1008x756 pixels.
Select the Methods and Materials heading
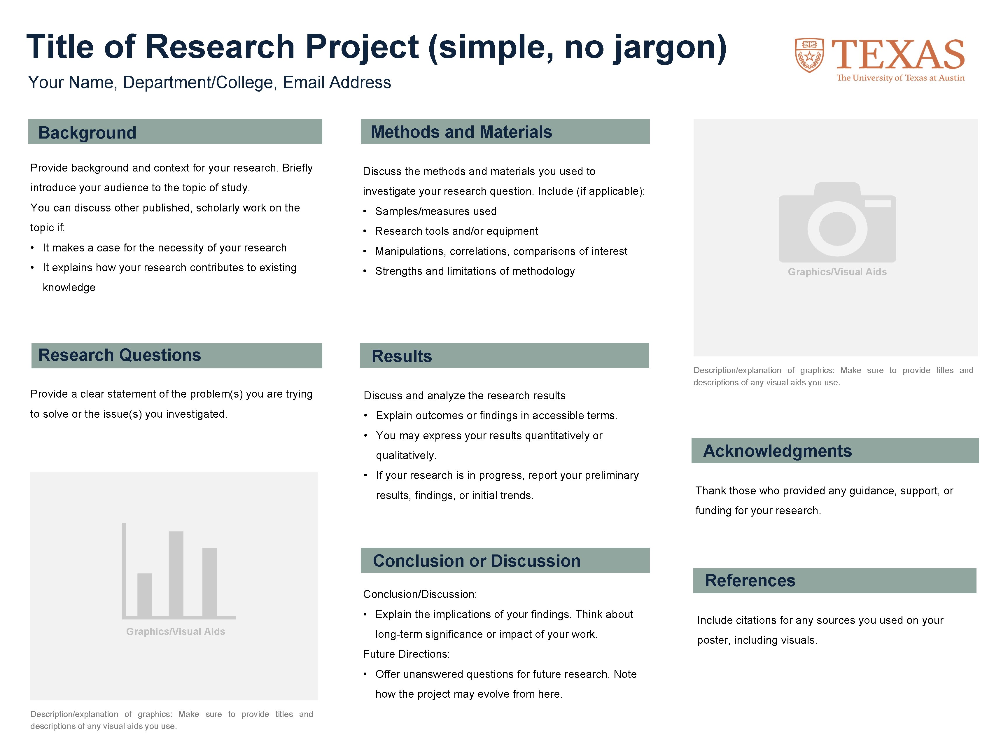(x=461, y=132)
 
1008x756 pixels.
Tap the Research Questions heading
(x=119, y=355)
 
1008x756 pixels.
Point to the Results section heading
(x=401, y=356)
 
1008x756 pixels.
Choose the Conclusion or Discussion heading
(x=476, y=561)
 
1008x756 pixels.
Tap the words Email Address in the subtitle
(x=337, y=83)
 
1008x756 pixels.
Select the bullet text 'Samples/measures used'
(x=436, y=211)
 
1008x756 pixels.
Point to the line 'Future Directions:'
(x=406, y=654)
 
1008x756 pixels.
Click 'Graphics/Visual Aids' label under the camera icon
(x=837, y=272)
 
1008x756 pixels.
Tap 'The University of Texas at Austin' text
(x=900, y=78)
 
